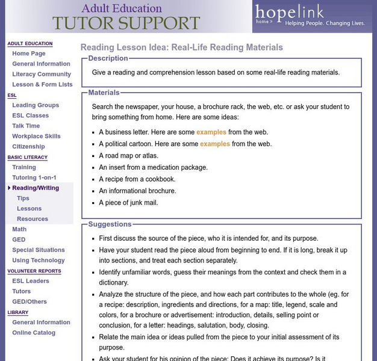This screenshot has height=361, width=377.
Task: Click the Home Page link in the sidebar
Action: coord(28,54)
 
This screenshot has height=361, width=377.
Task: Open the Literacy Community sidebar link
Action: coord(42,74)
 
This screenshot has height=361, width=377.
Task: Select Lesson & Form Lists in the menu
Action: coord(42,85)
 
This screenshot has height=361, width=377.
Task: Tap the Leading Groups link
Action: coord(36,105)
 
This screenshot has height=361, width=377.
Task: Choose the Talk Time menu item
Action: coord(26,126)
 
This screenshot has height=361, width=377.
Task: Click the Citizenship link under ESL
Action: coord(28,147)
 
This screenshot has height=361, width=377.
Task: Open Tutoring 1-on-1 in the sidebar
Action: coord(35,177)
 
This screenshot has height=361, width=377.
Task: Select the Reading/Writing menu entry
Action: coord(36,188)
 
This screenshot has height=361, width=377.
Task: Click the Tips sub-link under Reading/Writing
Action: coord(23,199)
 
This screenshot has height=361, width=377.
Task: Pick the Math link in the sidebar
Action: coord(19,229)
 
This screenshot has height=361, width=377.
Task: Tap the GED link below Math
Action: coord(19,239)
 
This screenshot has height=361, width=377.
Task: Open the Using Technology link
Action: coord(39,261)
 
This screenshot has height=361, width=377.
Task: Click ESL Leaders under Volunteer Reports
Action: coord(31,281)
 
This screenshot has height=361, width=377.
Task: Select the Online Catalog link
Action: coord(34,333)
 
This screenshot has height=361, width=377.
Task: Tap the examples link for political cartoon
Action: coord(215,144)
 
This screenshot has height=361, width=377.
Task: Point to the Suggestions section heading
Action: coord(110,224)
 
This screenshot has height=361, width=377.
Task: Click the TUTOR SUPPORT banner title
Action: coord(126,23)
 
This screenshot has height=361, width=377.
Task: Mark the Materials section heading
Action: coord(104,93)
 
